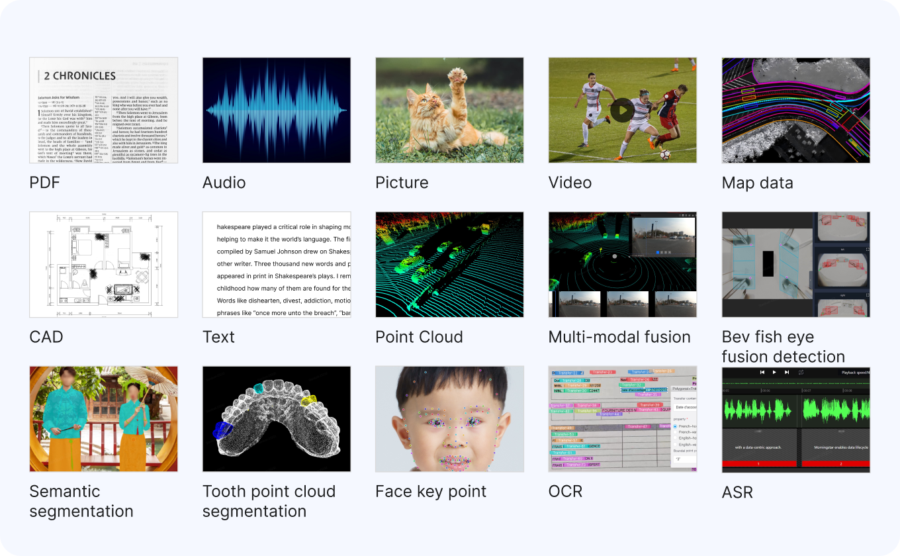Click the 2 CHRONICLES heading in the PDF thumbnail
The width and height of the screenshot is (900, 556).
pyautogui.click(x=79, y=75)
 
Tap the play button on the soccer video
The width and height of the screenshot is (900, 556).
pyautogui.click(x=622, y=110)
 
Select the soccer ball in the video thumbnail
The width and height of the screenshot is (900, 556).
pyautogui.click(x=664, y=154)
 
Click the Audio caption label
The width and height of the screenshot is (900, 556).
pyautogui.click(x=224, y=183)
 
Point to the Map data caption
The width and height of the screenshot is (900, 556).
pyautogui.click(x=757, y=183)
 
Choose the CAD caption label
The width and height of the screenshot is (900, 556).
pyautogui.click(x=46, y=337)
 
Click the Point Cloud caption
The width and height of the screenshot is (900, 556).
pyautogui.click(x=419, y=337)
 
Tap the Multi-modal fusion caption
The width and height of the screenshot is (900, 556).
pyautogui.click(x=619, y=337)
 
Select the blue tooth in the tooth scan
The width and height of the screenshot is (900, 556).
pyautogui.click(x=219, y=430)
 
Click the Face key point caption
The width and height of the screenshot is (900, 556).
pyautogui.click(x=430, y=491)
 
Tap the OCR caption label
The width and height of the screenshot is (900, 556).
pyautogui.click(x=565, y=491)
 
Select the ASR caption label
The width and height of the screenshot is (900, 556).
pyautogui.click(x=737, y=492)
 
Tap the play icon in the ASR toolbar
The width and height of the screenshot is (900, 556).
pyautogui.click(x=774, y=372)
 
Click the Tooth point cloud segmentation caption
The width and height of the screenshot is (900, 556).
pyautogui.click(x=269, y=501)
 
